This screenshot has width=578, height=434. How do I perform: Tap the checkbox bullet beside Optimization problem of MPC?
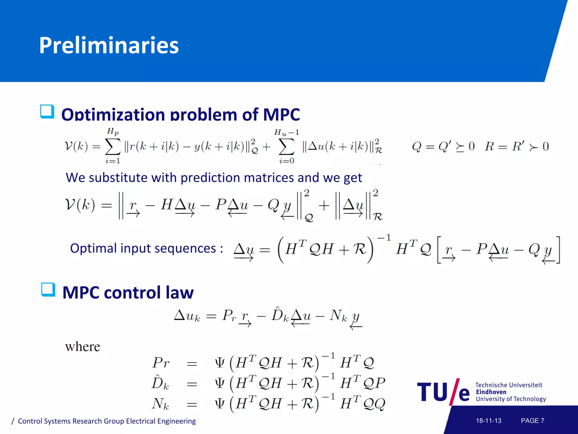[47, 112]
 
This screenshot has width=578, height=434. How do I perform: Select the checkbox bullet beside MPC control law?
[48, 290]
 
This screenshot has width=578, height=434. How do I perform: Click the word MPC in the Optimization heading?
[281, 115]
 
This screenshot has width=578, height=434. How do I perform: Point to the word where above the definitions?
[83, 347]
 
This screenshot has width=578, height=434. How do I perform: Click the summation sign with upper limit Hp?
[113, 147]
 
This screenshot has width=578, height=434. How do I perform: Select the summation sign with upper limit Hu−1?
[286, 147]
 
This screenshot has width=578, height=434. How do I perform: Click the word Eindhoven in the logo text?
[491, 392]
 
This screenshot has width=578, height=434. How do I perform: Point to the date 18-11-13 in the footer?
[489, 421]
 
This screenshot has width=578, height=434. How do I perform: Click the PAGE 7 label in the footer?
[532, 421]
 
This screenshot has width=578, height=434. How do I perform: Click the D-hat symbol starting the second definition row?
[160, 383]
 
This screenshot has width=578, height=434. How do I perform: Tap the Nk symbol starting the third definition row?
[160, 403]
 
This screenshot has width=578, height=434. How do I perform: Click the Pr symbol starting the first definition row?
[161, 363]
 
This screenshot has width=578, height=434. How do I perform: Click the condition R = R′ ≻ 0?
[516, 146]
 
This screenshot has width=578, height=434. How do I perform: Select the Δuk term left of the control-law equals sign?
[187, 316]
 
